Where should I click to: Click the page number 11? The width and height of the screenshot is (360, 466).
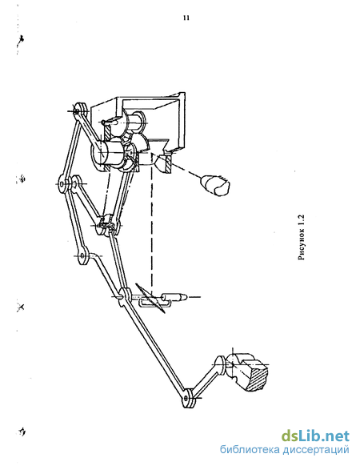coord(186,18)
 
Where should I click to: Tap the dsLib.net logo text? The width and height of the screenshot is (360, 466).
coord(315,436)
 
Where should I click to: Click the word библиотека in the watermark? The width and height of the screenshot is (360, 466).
coord(250,450)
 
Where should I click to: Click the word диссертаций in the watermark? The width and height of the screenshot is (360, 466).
coord(316,450)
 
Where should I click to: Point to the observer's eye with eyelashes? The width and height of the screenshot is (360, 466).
coord(216,186)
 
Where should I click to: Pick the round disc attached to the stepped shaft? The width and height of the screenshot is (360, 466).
coord(221,366)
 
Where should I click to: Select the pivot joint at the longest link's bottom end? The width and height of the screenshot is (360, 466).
coord(188,398)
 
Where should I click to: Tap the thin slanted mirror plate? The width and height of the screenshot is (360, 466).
coord(150,298)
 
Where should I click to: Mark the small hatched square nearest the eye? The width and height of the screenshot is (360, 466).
coord(169,165)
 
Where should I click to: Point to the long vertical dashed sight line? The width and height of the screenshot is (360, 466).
coord(152,224)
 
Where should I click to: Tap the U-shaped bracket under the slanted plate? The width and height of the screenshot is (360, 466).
coord(154,303)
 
